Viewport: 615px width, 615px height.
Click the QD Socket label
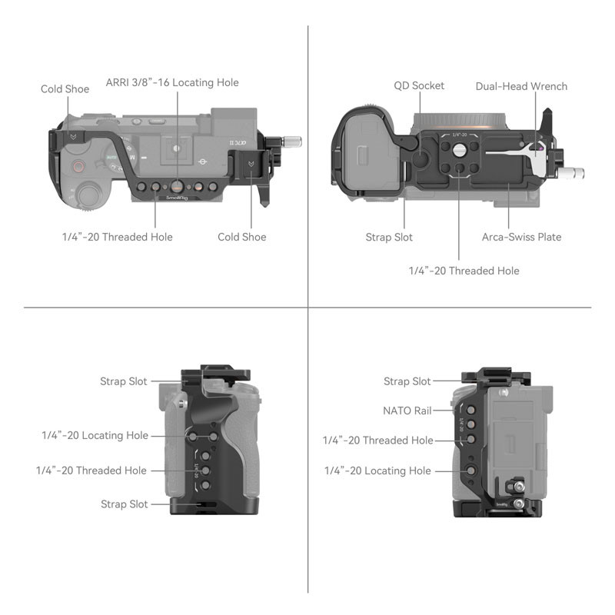tap(419, 86)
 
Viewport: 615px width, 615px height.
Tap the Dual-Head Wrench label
tap(521, 86)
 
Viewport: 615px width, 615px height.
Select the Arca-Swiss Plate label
tap(521, 237)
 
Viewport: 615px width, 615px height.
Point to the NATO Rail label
tap(407, 411)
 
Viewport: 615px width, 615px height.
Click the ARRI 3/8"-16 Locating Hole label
tap(172, 82)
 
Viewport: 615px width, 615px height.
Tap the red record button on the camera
tap(78, 166)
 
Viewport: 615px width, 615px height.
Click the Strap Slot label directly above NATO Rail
tap(407, 381)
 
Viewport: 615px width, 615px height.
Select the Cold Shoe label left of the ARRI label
tap(65, 89)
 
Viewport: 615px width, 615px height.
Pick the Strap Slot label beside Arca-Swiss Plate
tap(389, 237)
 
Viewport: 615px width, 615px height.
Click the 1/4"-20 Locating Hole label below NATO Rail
tap(377, 470)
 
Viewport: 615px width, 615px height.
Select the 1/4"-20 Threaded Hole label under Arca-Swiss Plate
tap(464, 271)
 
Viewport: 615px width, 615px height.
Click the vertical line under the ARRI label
tap(178, 138)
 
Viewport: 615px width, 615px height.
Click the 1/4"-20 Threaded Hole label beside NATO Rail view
tap(377, 440)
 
